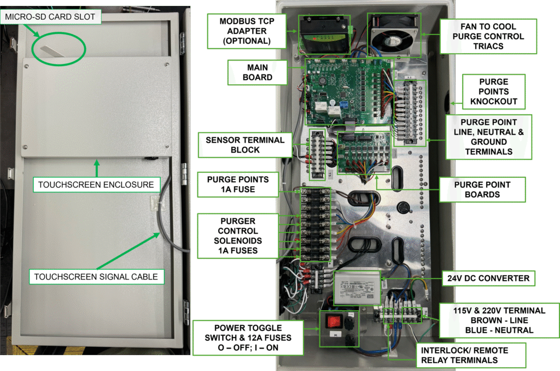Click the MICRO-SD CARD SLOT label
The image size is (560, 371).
pos(50,17)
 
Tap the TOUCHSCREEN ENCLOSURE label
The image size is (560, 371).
pos(96,184)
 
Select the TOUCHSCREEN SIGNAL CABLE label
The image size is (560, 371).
pos(96,277)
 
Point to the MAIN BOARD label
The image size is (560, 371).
pos(258,72)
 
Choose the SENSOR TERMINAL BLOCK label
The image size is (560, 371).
pos(245,145)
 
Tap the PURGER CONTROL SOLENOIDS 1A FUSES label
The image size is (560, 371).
pos(235,236)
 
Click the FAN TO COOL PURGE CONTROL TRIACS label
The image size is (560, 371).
pos(489,36)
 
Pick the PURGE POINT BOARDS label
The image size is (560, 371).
pos(482,189)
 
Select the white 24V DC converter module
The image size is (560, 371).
pos(355,286)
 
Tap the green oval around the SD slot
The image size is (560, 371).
pos(59,48)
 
